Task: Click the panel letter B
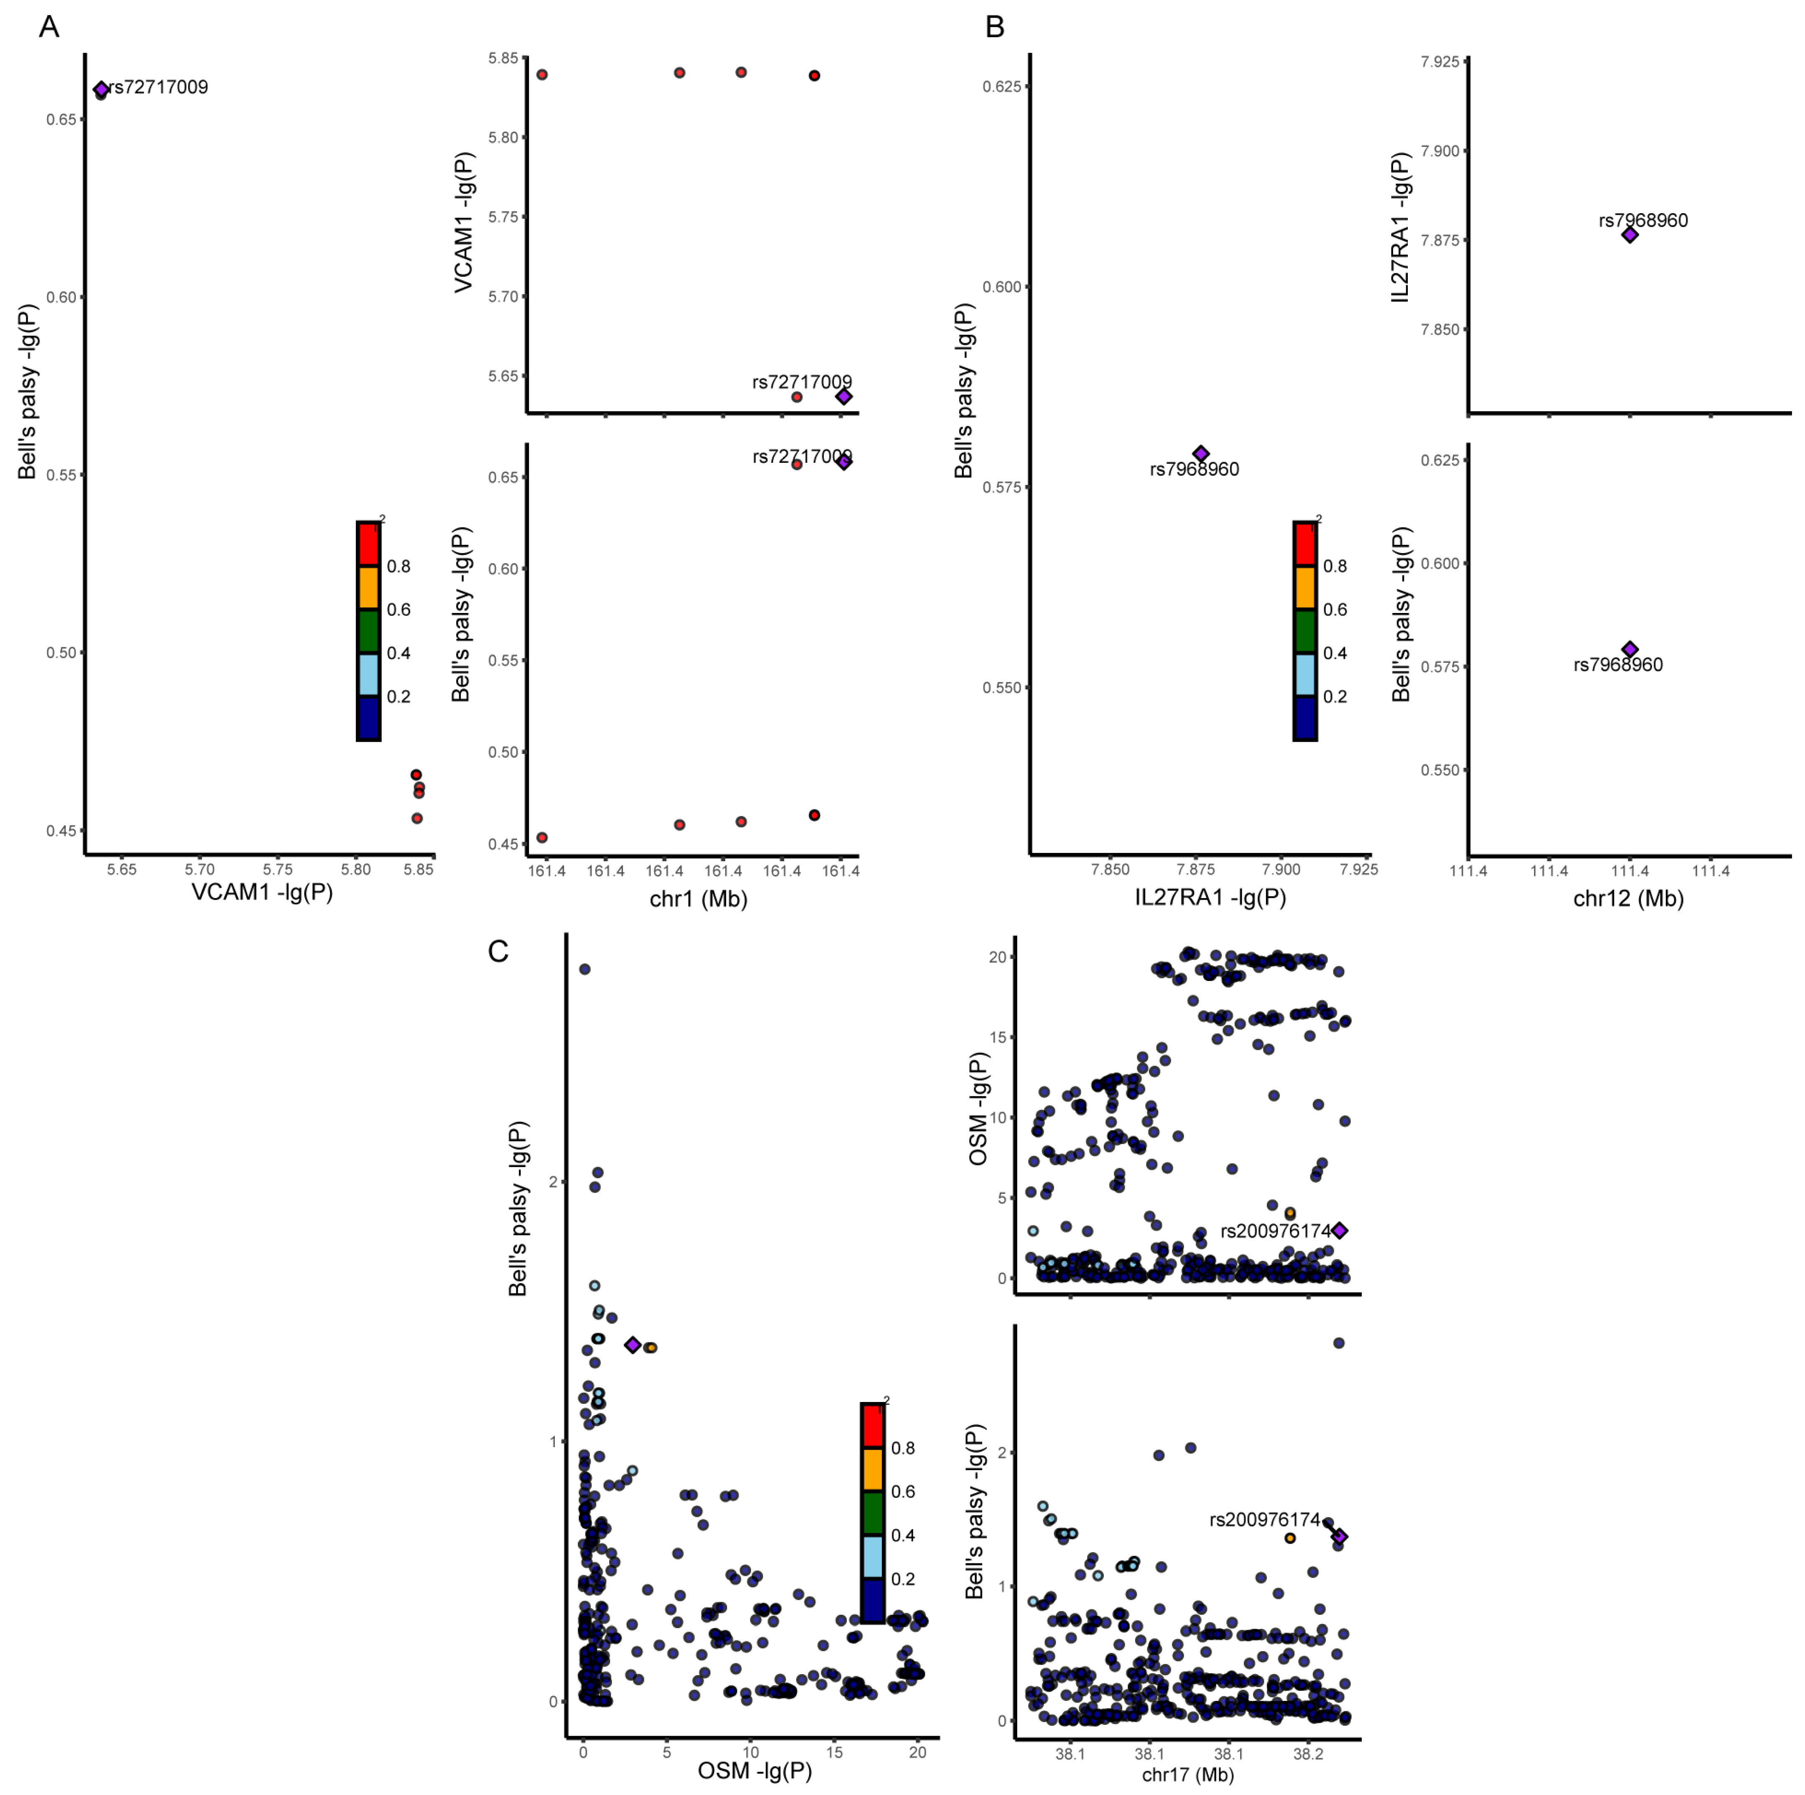(995, 27)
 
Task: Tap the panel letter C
(498, 951)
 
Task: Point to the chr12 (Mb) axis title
(1629, 899)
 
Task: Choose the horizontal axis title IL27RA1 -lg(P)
(1210, 898)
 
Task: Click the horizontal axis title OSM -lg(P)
(755, 1771)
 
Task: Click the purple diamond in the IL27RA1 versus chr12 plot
(1629, 235)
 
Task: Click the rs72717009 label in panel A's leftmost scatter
(158, 87)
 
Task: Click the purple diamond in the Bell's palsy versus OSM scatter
(633, 1345)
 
